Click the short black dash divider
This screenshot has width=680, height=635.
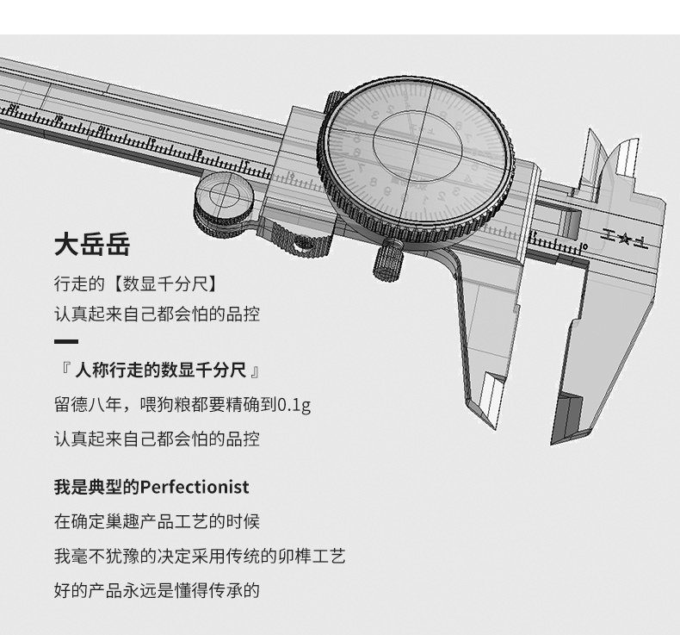pyautogui.click(x=65, y=342)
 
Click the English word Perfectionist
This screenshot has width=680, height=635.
pyautogui.click(x=195, y=488)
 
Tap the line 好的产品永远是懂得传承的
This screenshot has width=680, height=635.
pyautogui.click(x=157, y=590)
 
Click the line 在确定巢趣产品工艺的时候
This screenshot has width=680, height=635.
pyautogui.click(x=157, y=521)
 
